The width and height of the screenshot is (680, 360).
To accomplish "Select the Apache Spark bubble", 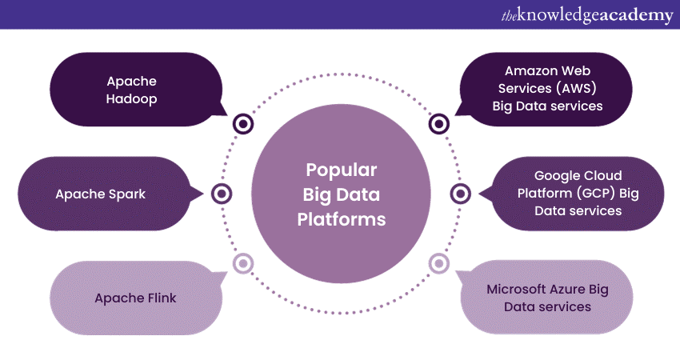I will (x=100, y=194).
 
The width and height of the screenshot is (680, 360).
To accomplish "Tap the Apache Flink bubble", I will (x=132, y=298).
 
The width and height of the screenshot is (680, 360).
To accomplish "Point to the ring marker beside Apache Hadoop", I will (x=242, y=124).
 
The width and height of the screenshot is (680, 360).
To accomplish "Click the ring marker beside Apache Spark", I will (x=222, y=194).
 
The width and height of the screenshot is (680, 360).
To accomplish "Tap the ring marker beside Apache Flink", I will (x=242, y=263).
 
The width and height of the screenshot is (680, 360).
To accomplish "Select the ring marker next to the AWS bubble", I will (x=438, y=124).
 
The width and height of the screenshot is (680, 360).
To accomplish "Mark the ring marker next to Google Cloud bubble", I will (x=460, y=194).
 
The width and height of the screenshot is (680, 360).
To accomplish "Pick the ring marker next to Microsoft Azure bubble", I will (x=438, y=263).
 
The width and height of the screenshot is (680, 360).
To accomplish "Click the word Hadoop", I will (x=132, y=99).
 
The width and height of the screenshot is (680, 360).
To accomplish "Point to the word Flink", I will (x=158, y=298).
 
